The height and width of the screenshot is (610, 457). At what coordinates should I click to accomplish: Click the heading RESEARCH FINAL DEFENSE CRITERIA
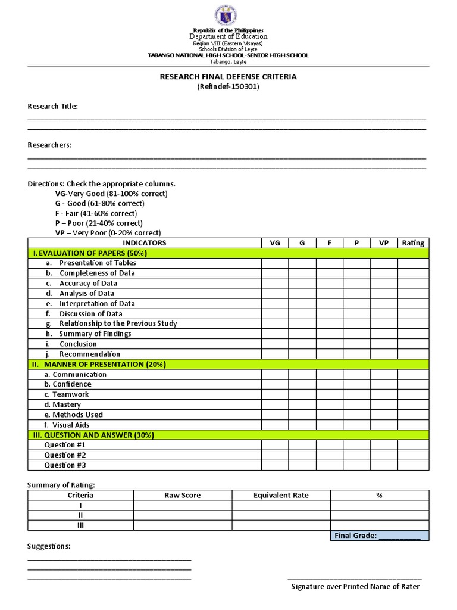click(228, 77)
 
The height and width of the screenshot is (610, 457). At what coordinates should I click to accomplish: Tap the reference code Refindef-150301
click(228, 87)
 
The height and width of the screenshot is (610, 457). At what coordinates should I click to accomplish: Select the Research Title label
click(52, 107)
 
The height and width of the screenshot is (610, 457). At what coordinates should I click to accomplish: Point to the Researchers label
click(49, 145)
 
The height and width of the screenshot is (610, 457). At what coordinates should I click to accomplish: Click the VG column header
click(274, 242)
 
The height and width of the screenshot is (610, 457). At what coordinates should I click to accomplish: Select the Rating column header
click(413, 242)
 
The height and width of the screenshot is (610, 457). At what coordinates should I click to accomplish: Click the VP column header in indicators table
click(384, 242)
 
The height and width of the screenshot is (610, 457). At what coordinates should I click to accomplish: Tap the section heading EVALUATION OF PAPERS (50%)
click(89, 253)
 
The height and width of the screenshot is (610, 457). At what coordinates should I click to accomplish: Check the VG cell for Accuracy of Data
click(274, 284)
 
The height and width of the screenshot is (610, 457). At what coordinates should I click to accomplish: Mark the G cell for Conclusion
click(302, 344)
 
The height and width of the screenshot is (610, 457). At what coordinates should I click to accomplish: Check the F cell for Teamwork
click(329, 394)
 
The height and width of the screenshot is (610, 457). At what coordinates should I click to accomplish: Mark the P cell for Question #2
click(356, 455)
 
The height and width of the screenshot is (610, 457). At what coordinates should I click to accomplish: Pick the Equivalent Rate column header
click(281, 495)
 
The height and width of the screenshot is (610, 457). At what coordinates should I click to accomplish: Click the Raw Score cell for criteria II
click(182, 515)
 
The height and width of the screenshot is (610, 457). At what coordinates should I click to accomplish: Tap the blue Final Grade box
click(379, 536)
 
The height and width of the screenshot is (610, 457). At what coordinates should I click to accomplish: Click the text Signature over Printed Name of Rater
click(355, 587)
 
